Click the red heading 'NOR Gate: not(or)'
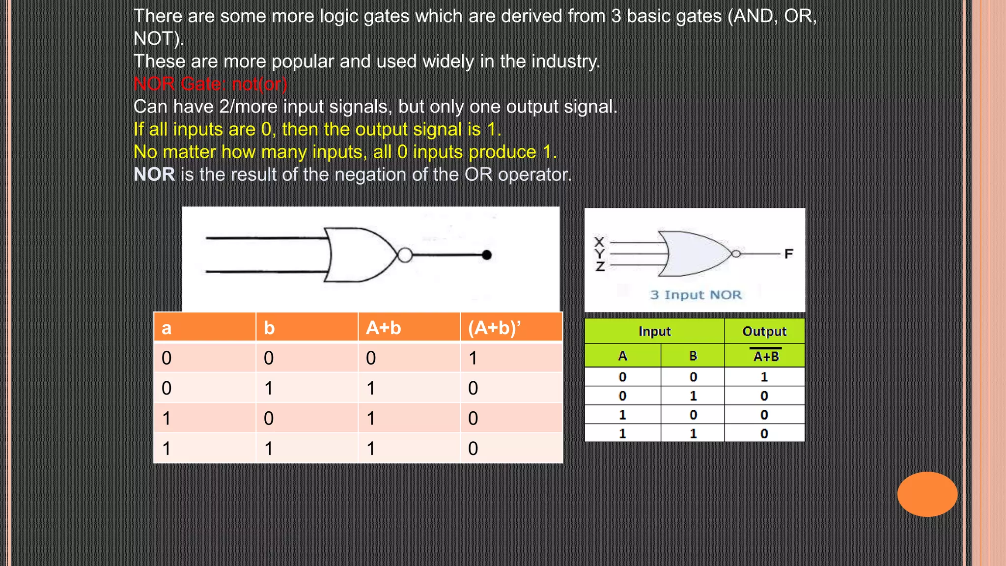pos(210,84)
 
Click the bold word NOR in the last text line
pos(154,174)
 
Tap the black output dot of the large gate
pos(487,255)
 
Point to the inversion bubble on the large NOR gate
pos(405,255)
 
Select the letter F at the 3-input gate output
pos(788,254)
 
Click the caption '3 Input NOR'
pos(696,295)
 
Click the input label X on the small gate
pos(599,242)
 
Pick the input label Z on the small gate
pos(600,267)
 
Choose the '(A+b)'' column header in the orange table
pos(494,328)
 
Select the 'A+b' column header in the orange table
pos(384,328)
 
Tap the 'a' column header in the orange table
pos(167,328)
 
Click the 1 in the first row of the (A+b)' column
pos(473,358)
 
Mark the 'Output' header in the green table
pos(764,332)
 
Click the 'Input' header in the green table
pos(654,332)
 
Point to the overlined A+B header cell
pos(765,356)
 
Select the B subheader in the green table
pos(693,356)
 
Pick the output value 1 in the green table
pos(764,377)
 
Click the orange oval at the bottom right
pos(927,494)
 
